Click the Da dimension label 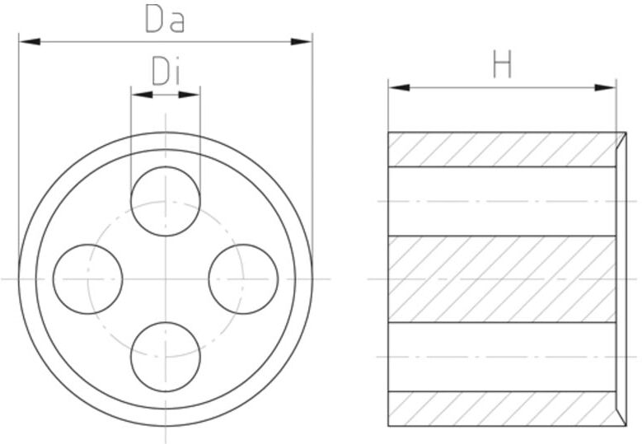(165, 19)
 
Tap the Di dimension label (166, 71)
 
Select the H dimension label (502, 64)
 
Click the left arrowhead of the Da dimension (30, 41)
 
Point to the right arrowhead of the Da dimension (302, 41)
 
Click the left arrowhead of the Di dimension (142, 95)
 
